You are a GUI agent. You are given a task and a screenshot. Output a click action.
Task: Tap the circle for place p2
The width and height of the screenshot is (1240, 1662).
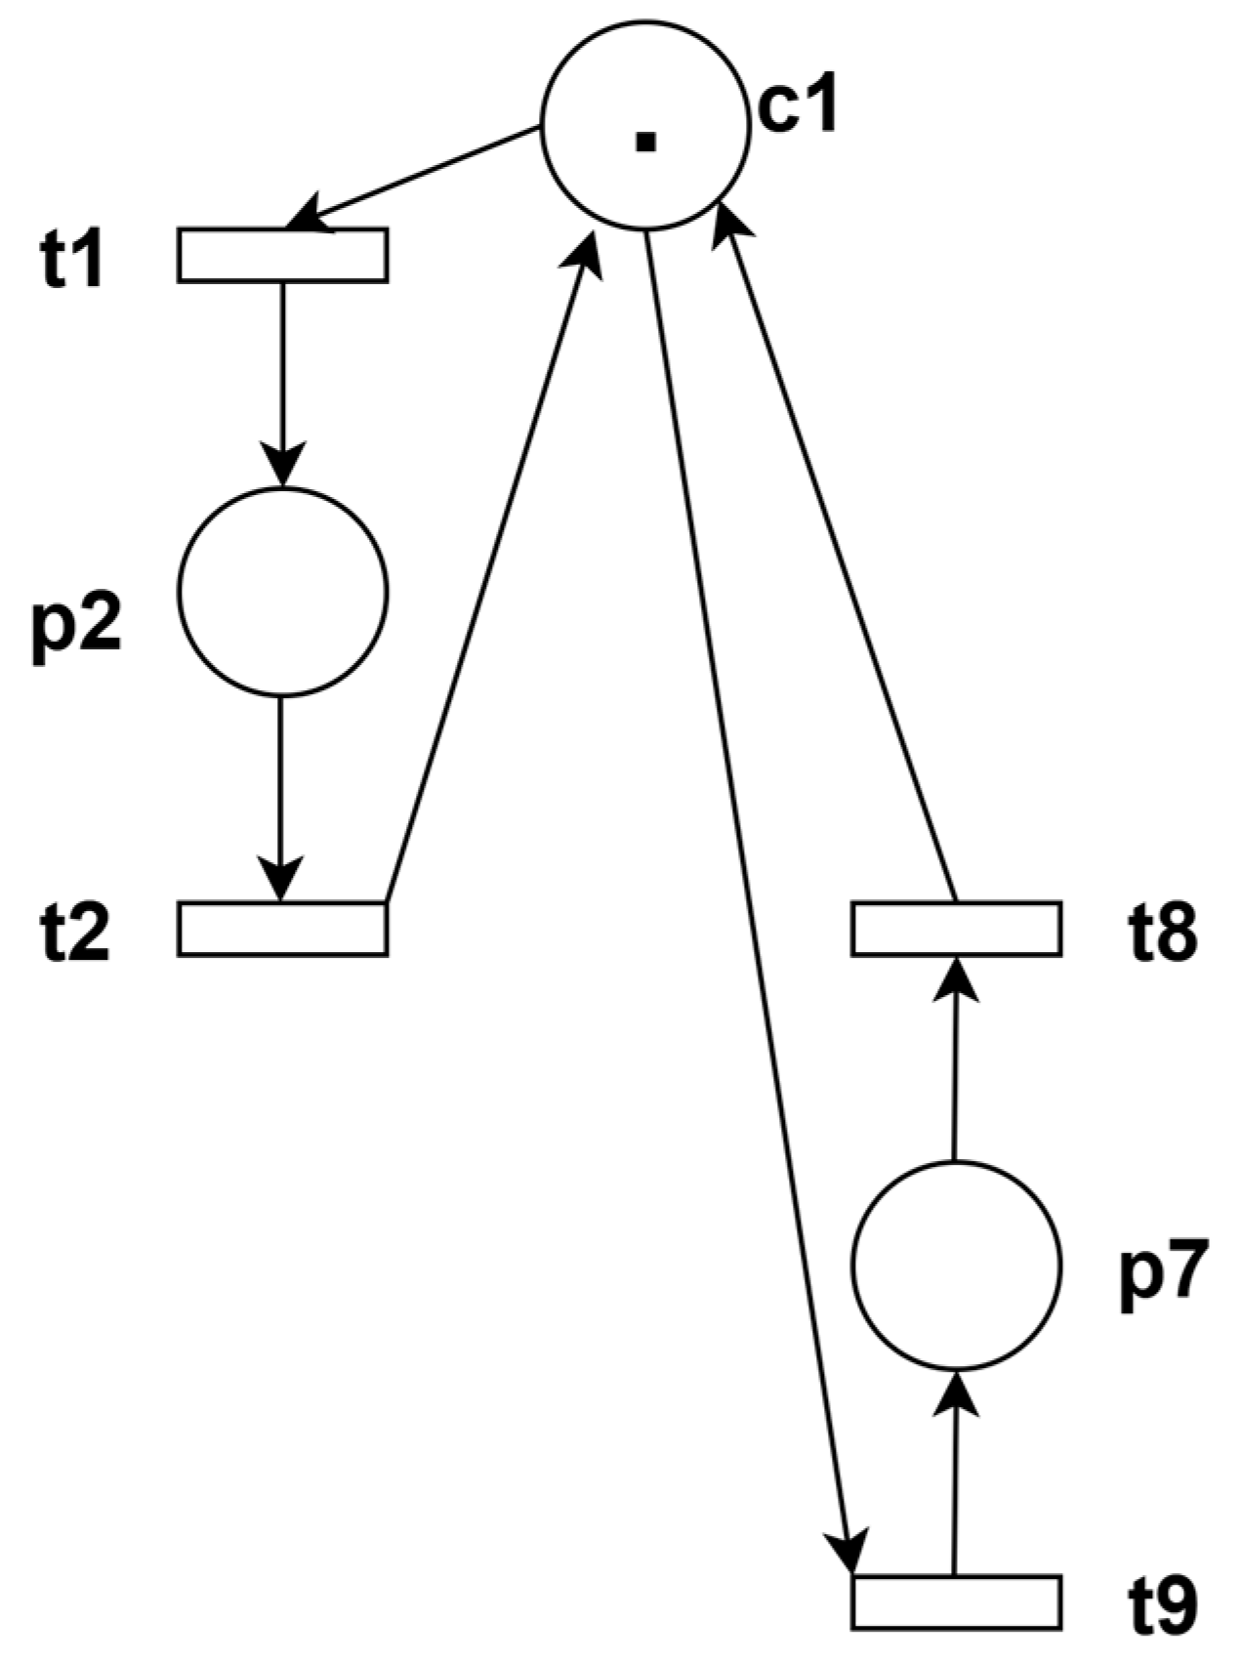click(x=282, y=592)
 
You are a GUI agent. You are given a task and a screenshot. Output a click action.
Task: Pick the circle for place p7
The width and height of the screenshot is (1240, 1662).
click(x=956, y=1265)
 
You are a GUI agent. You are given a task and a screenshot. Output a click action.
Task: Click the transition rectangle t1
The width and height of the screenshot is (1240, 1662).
click(x=282, y=255)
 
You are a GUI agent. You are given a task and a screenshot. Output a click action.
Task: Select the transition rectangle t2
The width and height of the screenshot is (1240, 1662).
click(x=282, y=928)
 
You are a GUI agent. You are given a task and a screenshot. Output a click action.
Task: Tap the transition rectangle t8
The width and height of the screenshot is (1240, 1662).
click(x=956, y=928)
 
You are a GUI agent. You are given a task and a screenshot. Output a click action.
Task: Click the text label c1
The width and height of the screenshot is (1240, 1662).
click(x=798, y=106)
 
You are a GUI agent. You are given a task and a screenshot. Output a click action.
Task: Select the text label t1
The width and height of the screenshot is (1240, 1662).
click(x=72, y=261)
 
